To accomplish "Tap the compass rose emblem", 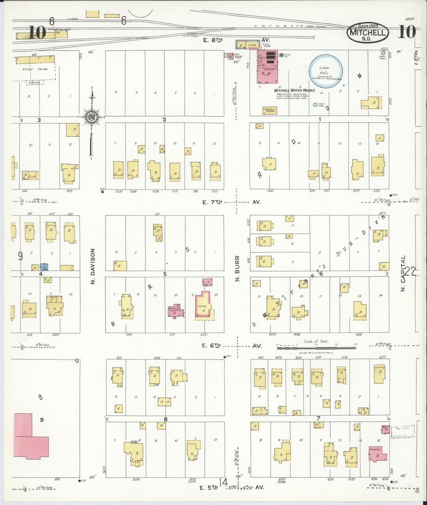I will [92, 117].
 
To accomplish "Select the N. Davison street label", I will [93, 266].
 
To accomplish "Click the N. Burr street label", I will [237, 268].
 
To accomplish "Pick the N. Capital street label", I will [404, 273].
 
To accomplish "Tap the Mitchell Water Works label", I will [294, 90].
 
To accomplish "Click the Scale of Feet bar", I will [317, 348].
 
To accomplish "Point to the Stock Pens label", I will [35, 69].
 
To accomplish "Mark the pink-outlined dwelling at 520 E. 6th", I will [204, 306].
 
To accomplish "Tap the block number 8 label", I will [165, 419].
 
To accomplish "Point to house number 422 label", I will [69, 191].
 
